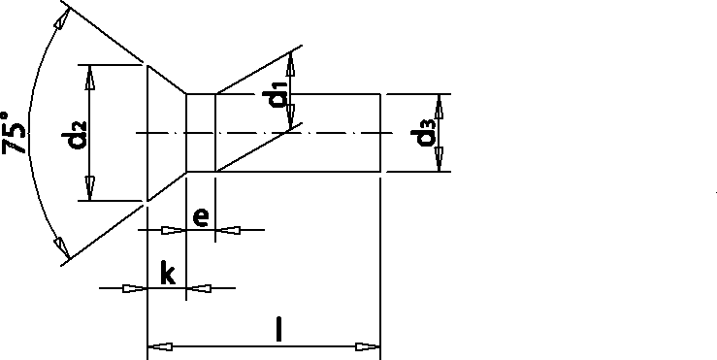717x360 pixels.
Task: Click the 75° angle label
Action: (x=16, y=131)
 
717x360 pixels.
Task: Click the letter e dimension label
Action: (x=199, y=216)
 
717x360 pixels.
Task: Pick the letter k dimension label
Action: (x=167, y=275)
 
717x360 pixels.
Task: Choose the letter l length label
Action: (x=279, y=331)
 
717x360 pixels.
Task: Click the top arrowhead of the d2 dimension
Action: (x=90, y=74)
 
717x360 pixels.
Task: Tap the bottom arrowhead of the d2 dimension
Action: (x=90, y=192)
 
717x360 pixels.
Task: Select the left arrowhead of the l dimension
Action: (x=157, y=345)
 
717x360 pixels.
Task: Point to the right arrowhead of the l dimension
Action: (x=368, y=345)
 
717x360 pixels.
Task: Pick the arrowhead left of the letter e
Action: (x=173, y=230)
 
